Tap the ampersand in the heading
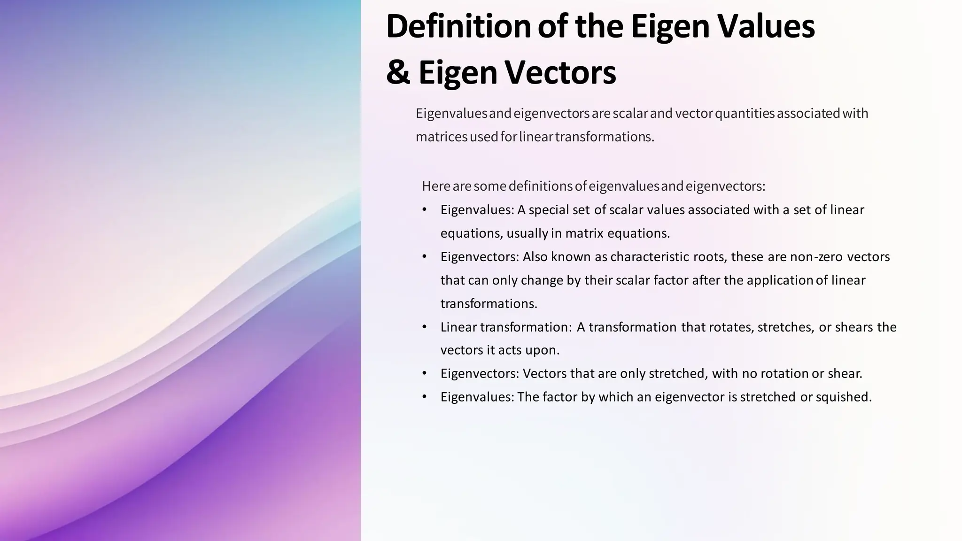pyautogui.click(x=397, y=73)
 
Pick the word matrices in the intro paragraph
pyautogui.click(x=442, y=137)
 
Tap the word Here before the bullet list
pyautogui.click(x=436, y=186)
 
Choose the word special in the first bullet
pyautogui.click(x=549, y=210)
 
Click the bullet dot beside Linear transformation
pyautogui.click(x=425, y=326)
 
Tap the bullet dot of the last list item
pyautogui.click(x=425, y=397)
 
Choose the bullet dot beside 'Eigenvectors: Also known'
pyautogui.click(x=425, y=256)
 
